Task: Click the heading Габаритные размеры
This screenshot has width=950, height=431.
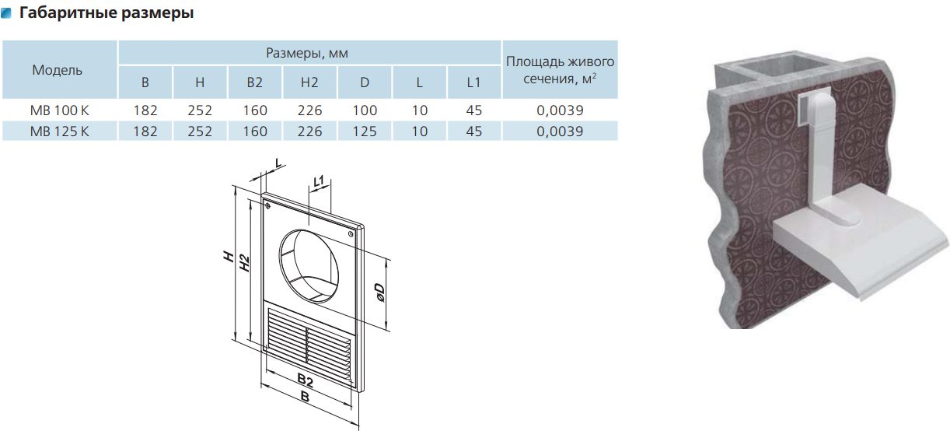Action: pyautogui.click(x=107, y=12)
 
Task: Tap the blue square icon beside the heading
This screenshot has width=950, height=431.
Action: pyautogui.click(x=6, y=13)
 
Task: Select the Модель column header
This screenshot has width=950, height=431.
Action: pyautogui.click(x=58, y=70)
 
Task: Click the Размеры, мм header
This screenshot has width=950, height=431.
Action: pyautogui.click(x=307, y=53)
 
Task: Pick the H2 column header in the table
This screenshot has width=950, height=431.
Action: pyautogui.click(x=309, y=82)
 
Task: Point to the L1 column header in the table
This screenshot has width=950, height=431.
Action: pyautogui.click(x=473, y=82)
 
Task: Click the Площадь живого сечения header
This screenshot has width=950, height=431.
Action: pyautogui.click(x=560, y=70)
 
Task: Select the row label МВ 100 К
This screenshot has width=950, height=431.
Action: pyautogui.click(x=59, y=110)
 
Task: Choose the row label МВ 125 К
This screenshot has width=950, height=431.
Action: pyautogui.click(x=59, y=131)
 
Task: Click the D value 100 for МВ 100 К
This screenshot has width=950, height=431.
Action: pyautogui.click(x=365, y=110)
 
